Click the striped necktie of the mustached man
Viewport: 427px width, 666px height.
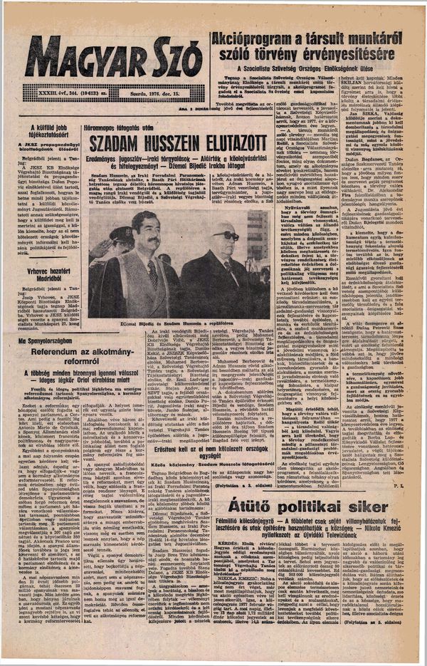click(152, 271)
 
